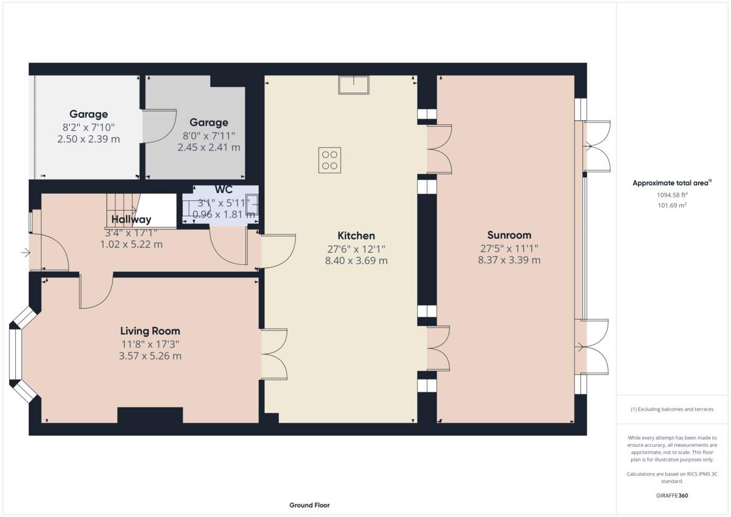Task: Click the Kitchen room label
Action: pos(356,236)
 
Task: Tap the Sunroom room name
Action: pos(509,235)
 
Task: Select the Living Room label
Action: pos(150,331)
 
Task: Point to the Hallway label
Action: pos(131,219)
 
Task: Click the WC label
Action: pos(224,189)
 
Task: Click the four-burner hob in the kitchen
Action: pos(330,160)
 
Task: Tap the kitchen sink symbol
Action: pos(353,85)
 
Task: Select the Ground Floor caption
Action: pos(309,505)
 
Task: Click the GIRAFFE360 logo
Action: pos(672,496)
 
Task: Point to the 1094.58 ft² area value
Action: pos(672,195)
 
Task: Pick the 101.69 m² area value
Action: pos(672,205)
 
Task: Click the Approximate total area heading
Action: pos(672,183)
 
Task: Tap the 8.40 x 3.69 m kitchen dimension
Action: pos(356,261)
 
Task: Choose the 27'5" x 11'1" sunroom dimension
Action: pos(509,248)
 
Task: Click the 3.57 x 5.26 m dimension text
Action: pos(150,356)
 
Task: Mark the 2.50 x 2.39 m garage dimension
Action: pos(88,139)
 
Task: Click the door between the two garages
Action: pos(159,126)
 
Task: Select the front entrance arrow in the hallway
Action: pos(26,253)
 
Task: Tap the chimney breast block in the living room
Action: pos(150,415)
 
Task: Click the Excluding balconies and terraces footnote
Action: pos(672,409)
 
